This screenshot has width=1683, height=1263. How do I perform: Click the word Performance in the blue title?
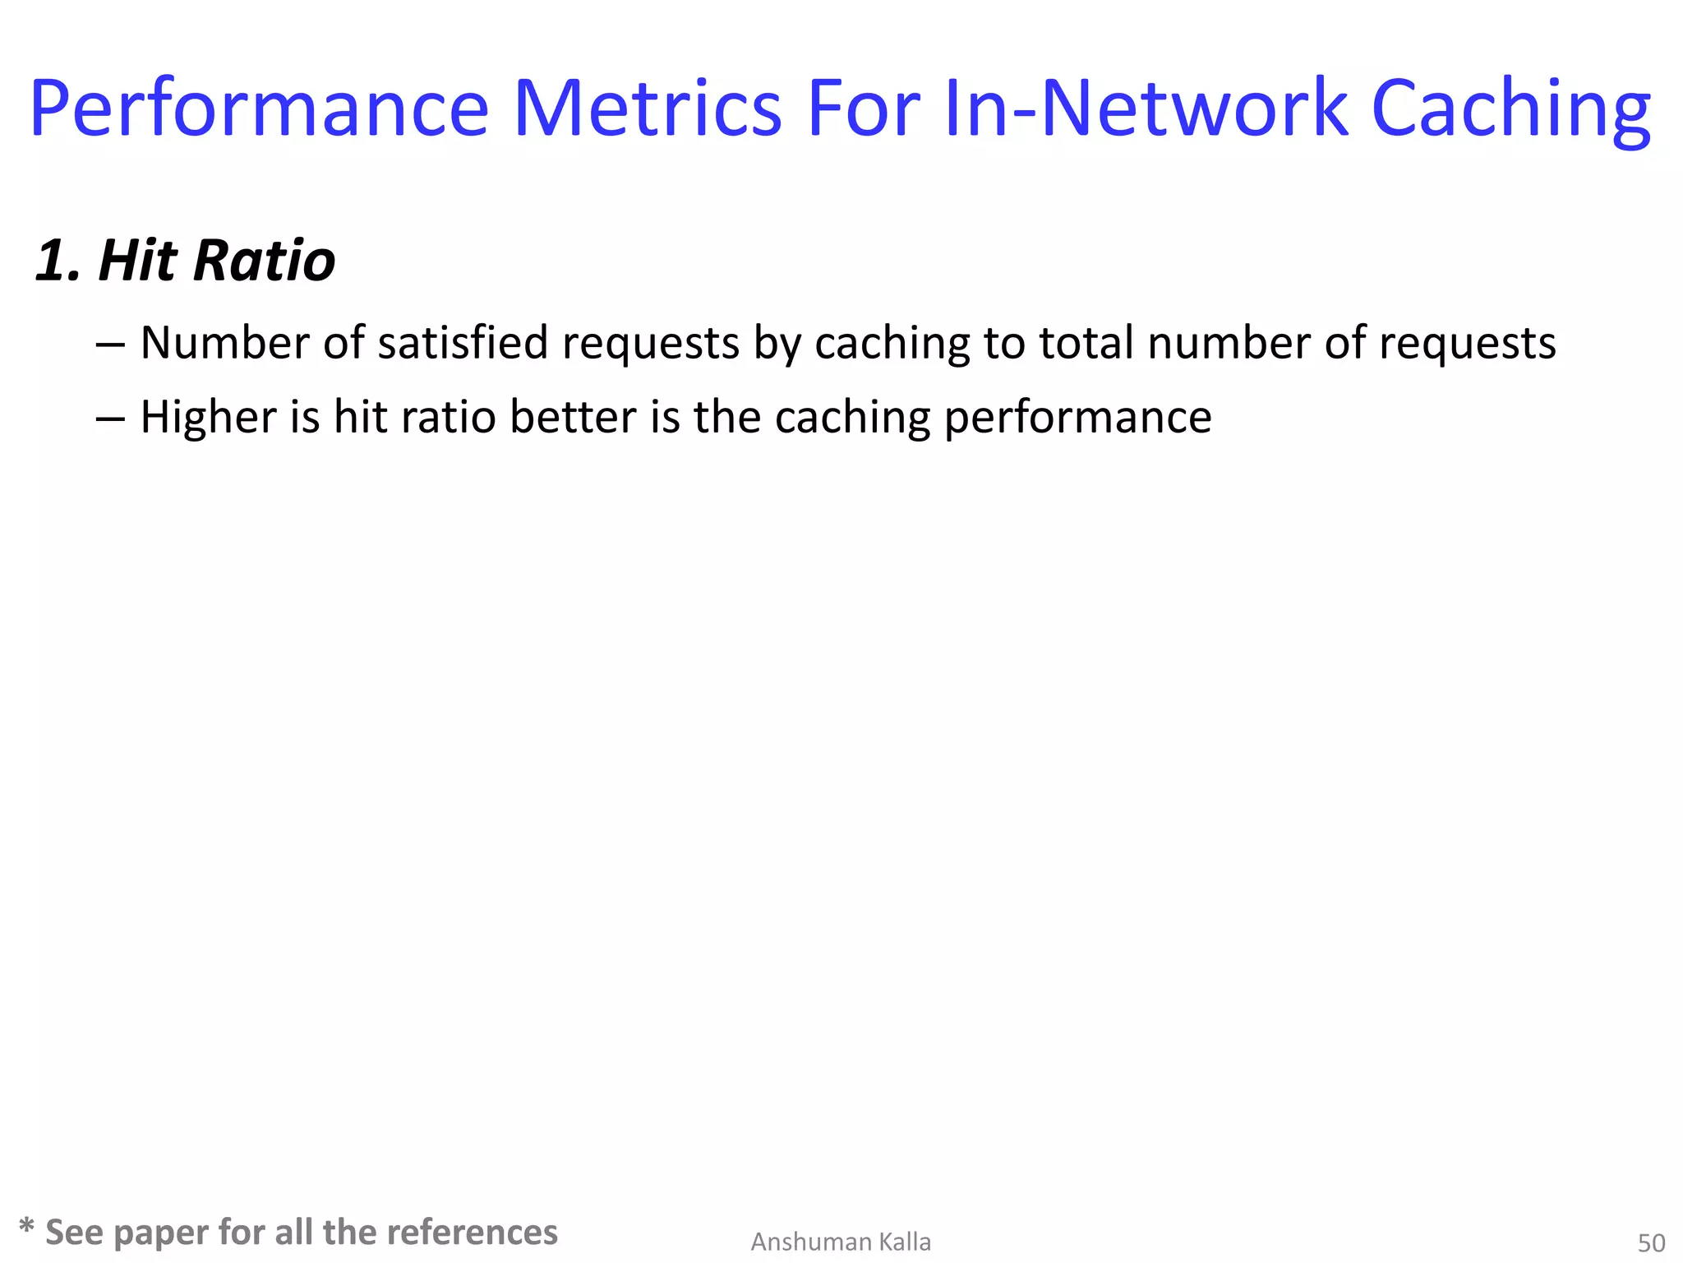[x=259, y=109]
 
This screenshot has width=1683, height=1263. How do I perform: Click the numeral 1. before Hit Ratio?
[x=58, y=261]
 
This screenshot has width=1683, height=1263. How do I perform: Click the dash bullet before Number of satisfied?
[x=110, y=344]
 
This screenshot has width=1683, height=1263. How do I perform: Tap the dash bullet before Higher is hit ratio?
[x=110, y=418]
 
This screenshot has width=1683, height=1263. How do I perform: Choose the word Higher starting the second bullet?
[x=208, y=418]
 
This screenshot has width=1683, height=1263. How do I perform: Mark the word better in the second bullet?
[x=572, y=417]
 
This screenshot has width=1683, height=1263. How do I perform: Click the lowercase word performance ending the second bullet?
[x=1077, y=419]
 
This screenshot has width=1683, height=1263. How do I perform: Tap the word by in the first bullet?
[x=777, y=345]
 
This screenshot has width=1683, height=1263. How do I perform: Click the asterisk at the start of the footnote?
[x=26, y=1227]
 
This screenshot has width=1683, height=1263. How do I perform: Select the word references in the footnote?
[x=472, y=1232]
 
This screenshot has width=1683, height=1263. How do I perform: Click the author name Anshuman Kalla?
[x=841, y=1242]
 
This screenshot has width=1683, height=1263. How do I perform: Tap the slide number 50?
[x=1651, y=1242]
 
